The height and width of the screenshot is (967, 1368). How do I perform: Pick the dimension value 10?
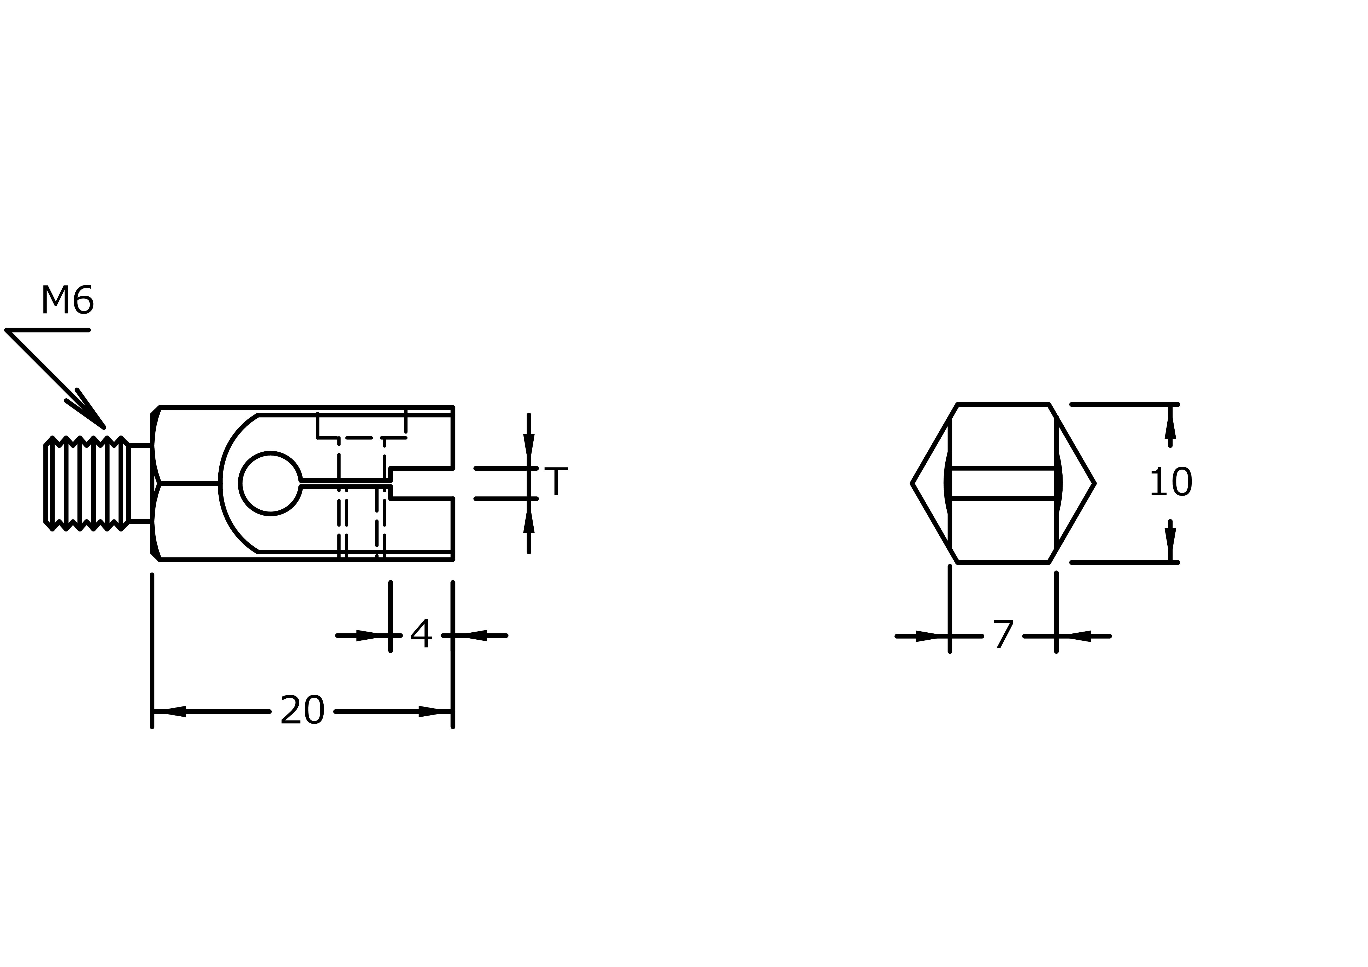click(1171, 483)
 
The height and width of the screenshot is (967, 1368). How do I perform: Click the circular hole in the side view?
click(271, 484)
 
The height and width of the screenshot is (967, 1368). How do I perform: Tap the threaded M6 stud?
click(86, 484)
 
